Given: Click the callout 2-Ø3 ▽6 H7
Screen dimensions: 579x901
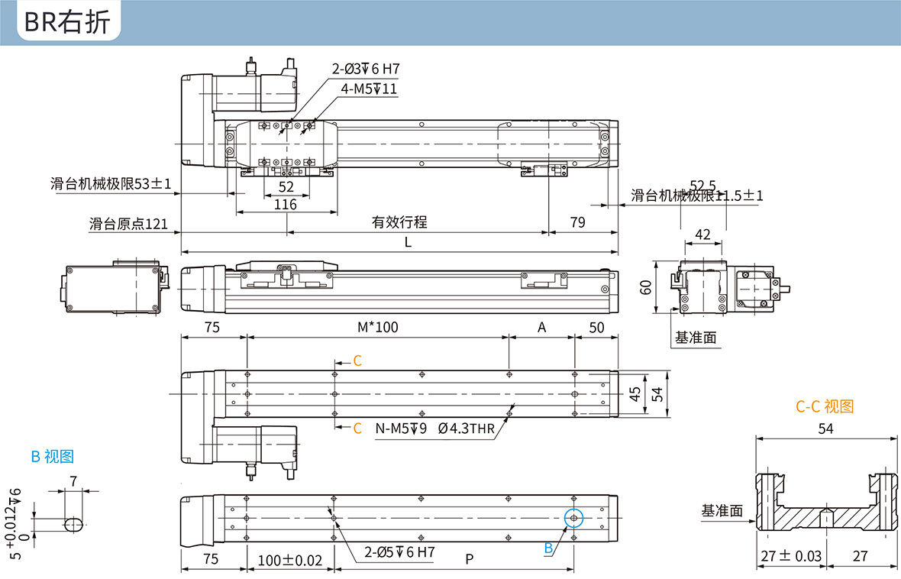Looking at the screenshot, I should [366, 69].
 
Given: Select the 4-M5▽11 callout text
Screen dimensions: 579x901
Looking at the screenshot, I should [370, 89].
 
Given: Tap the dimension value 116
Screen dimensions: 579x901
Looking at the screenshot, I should [285, 204].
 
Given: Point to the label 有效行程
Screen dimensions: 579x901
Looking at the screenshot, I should [399, 222].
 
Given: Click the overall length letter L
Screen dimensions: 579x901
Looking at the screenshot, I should [408, 242].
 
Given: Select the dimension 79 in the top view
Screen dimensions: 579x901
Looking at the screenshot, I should [578, 222].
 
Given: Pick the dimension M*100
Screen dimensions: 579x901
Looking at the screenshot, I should [378, 327].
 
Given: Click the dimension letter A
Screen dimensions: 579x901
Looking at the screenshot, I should [542, 327].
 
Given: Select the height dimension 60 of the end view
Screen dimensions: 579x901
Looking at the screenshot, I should [647, 286].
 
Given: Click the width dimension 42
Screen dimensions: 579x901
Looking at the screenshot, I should [702, 234].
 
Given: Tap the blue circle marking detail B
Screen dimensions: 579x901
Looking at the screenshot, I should [573, 518].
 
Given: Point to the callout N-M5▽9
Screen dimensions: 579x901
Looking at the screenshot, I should [401, 429].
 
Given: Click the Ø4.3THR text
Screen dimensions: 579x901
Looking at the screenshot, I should [467, 429].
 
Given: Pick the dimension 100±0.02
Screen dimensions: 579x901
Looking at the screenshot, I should [290, 560].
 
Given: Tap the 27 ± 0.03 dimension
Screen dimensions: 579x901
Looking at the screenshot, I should [790, 556].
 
